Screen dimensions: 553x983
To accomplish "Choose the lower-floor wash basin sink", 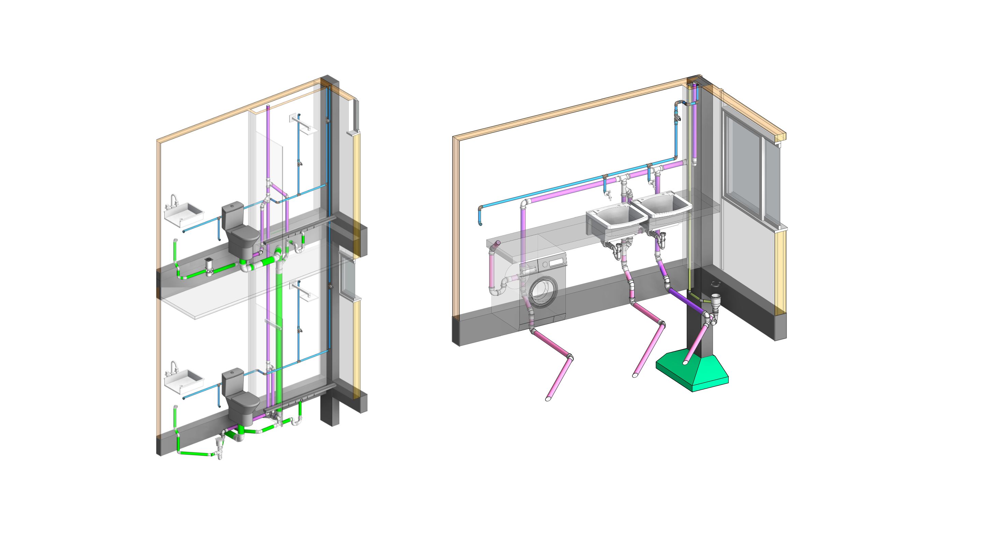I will point(185,379).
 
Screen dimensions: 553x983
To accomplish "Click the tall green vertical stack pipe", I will point(281,324).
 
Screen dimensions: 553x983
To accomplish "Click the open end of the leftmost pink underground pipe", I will point(548,399).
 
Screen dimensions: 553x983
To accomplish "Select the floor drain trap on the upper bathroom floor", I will point(208,266).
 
